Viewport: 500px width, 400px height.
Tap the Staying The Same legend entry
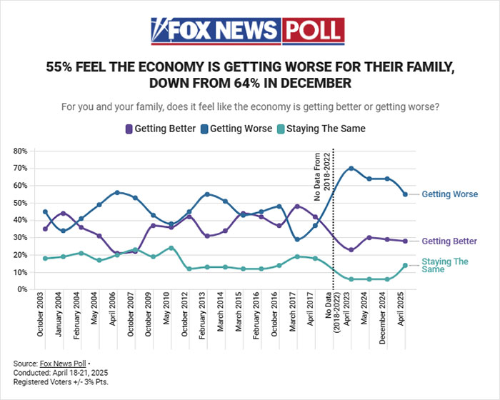(x=326, y=129)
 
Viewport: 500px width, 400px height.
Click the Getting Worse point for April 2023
(x=351, y=168)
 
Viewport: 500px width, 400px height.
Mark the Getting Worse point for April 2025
(x=406, y=194)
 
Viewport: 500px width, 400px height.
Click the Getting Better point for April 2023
(x=351, y=249)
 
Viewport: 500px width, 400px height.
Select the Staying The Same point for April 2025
(x=406, y=265)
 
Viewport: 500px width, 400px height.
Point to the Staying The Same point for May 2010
(x=171, y=248)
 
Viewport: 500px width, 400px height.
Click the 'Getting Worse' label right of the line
(x=449, y=194)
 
